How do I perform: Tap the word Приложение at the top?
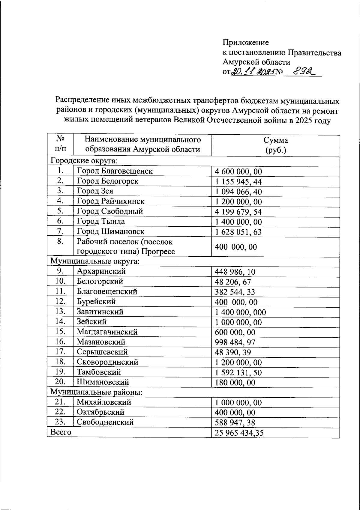245,42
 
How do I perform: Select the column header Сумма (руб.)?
275,145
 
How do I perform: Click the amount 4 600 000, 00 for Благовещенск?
238,172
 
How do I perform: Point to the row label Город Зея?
95,191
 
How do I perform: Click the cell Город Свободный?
110,211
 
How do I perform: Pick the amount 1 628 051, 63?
238,232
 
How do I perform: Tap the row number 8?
60,241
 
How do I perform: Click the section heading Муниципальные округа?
95,261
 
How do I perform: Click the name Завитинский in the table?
100,312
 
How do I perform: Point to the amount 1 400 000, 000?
240,312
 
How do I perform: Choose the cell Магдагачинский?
107,332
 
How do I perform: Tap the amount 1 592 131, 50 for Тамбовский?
238,373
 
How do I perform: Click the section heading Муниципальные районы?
96,392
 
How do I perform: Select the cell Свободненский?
105,422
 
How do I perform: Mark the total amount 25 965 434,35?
239,433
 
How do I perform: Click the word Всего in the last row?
61,432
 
